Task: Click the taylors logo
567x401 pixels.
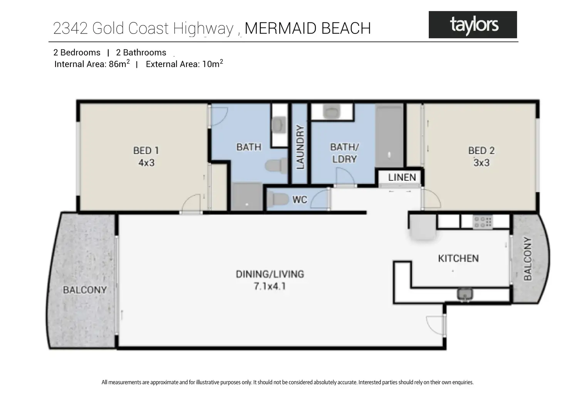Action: (x=473, y=25)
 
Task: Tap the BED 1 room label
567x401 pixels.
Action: (x=146, y=150)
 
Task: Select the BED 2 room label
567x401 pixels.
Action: (x=481, y=150)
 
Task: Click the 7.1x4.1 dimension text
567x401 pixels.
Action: (x=270, y=286)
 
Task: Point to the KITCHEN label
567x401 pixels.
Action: (x=458, y=258)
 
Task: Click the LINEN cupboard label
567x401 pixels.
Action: (x=402, y=177)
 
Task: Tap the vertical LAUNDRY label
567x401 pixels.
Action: (x=300, y=147)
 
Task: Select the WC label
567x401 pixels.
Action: (x=300, y=200)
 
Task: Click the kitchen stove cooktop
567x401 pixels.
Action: (x=483, y=221)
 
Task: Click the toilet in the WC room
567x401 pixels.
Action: (x=277, y=200)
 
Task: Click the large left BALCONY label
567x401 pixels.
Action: (x=84, y=290)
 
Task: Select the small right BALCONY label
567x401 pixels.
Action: (x=527, y=258)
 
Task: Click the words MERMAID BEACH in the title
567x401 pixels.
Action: (x=307, y=29)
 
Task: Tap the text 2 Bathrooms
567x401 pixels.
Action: (x=141, y=52)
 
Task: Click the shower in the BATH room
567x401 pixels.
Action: (x=247, y=196)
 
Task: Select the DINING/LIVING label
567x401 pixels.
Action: (x=270, y=274)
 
